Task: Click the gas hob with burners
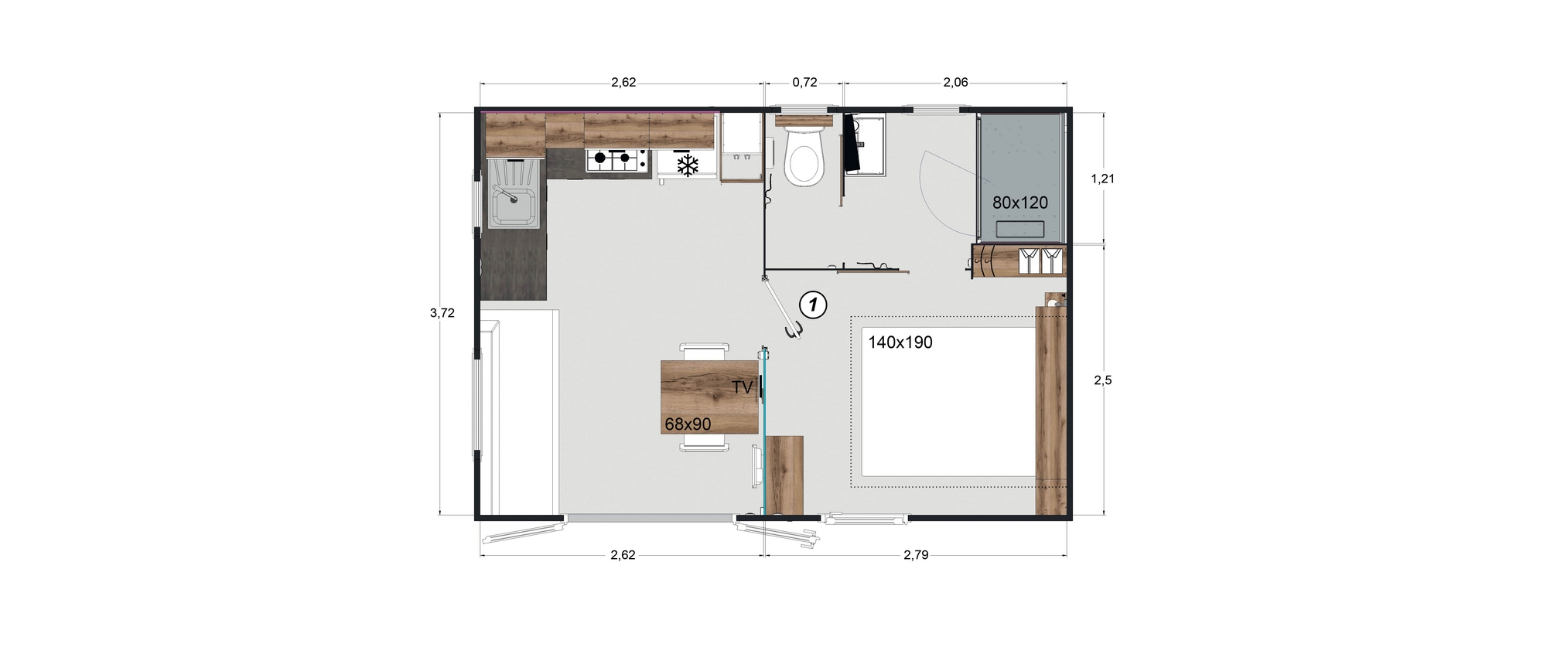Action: (x=617, y=159)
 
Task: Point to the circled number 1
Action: (x=812, y=305)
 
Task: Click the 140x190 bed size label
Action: (x=900, y=342)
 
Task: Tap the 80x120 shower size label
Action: (x=1020, y=203)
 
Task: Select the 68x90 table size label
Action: (x=688, y=424)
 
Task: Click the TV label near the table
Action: (x=742, y=388)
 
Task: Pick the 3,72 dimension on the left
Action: (x=442, y=313)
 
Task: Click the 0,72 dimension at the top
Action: (x=804, y=83)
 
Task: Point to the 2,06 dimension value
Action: (x=955, y=83)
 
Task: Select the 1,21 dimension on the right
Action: (x=1102, y=179)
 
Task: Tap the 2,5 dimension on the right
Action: (x=1102, y=380)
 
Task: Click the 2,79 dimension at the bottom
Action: (x=916, y=554)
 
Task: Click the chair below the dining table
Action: (x=704, y=443)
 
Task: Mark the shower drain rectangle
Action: (x=1019, y=229)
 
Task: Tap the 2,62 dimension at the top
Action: (x=623, y=83)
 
